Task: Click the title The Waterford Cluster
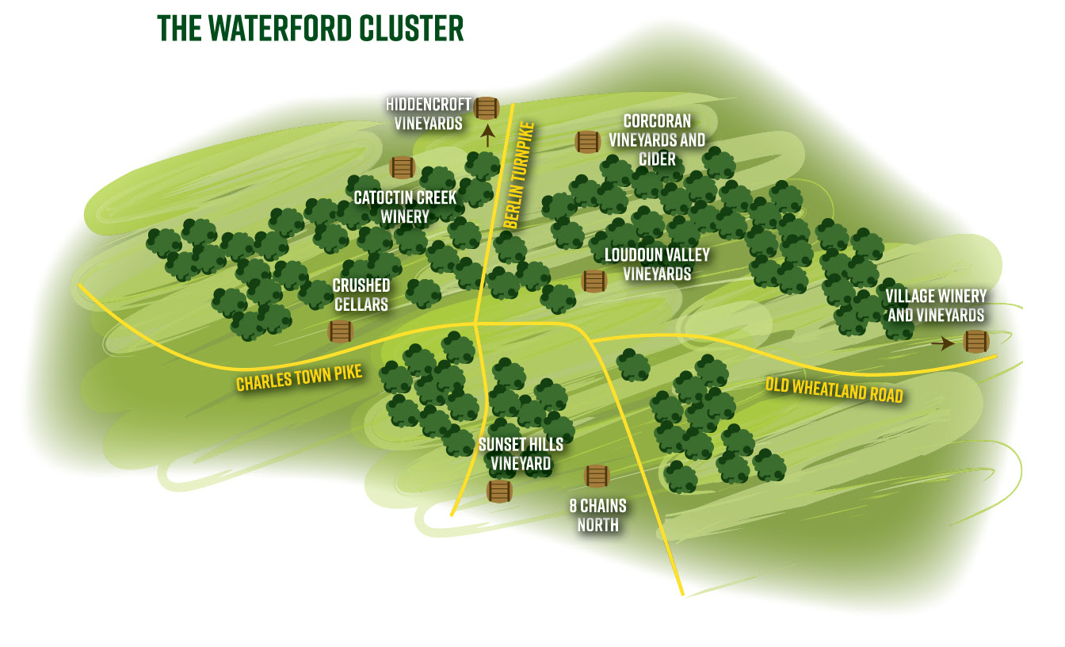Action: tap(311, 28)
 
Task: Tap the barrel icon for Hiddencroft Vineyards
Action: tap(487, 108)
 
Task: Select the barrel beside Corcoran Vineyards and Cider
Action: tap(587, 142)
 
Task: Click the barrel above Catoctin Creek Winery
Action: tap(403, 167)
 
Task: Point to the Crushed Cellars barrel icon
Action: tap(340, 331)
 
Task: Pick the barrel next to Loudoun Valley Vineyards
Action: tap(594, 281)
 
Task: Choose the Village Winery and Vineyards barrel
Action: tap(975, 342)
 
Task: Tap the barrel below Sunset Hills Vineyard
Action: tap(498, 491)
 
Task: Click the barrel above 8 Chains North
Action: tap(597, 476)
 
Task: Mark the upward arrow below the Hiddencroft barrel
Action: tap(487, 135)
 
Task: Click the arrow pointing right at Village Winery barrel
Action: tap(943, 343)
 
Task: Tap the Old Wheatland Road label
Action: tap(834, 389)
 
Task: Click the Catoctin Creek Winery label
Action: tap(405, 206)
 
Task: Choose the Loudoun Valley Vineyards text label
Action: tap(657, 264)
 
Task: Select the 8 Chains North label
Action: tap(597, 515)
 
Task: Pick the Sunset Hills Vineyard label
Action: tap(521, 454)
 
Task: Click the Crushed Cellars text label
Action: tap(361, 293)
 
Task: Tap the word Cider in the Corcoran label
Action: tap(657, 159)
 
